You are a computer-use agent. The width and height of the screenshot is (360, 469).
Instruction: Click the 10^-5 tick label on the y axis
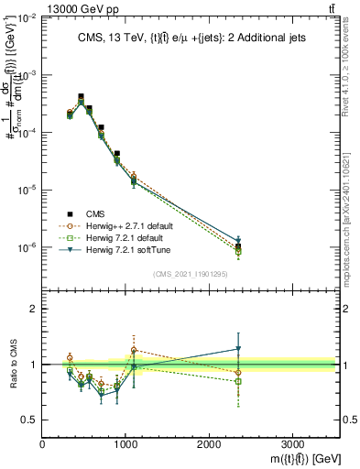click(x=27, y=191)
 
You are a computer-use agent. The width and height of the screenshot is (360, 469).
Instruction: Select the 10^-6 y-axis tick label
click(x=27, y=247)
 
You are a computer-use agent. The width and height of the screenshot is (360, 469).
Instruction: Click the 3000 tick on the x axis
click(x=292, y=443)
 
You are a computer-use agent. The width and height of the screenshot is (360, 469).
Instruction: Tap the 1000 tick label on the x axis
click(x=125, y=443)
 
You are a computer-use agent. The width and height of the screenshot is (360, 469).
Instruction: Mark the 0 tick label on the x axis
click(x=42, y=443)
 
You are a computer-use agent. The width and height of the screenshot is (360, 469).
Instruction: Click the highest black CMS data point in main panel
click(x=81, y=96)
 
